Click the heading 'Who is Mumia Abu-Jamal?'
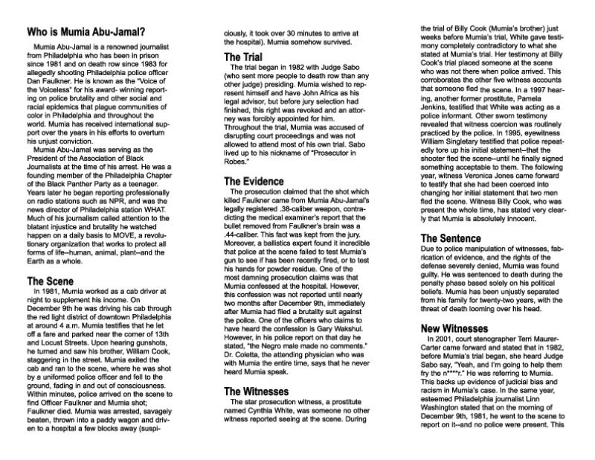click(86, 33)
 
